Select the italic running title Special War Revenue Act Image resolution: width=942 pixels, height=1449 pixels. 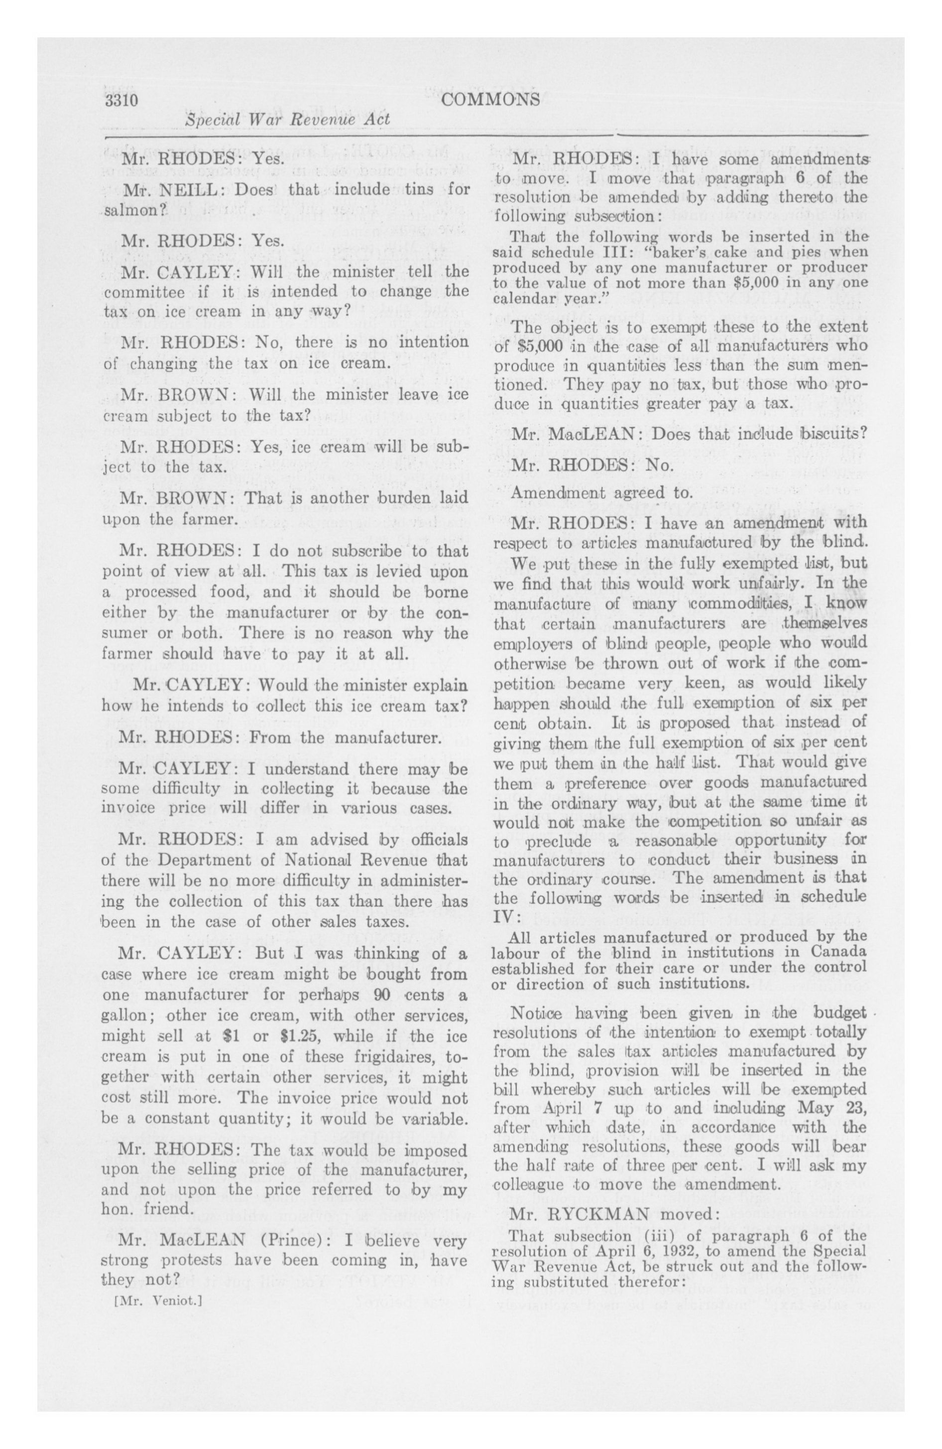[287, 120]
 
